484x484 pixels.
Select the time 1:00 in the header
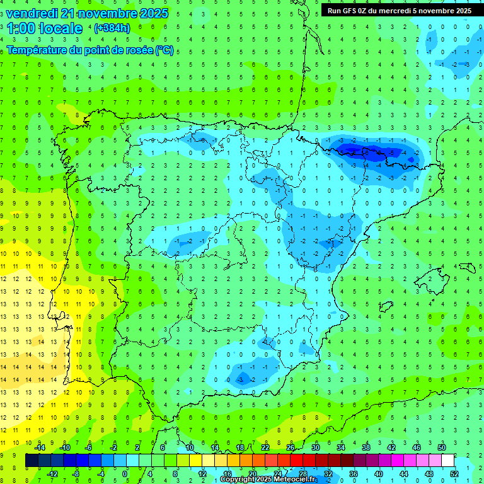[21, 28]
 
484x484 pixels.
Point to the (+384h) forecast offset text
[112, 28]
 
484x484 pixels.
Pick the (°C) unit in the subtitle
[164, 50]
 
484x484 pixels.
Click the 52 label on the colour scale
[454, 474]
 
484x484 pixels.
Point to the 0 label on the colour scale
[124, 474]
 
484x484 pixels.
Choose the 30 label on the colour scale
[315, 447]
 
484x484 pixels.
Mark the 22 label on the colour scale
[265, 447]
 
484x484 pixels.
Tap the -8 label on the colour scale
[76, 474]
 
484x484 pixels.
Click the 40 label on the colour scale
[378, 474]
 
